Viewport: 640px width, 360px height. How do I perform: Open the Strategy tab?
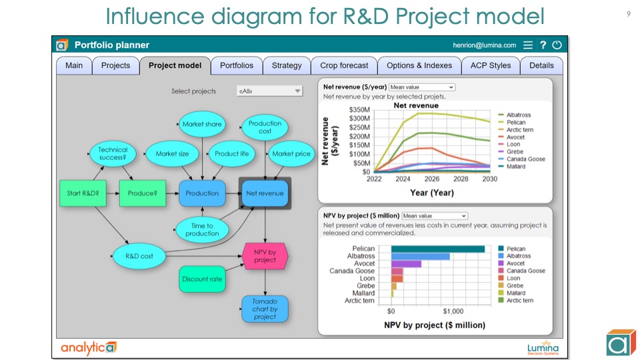[287, 65]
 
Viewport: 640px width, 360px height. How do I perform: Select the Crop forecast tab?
[343, 65]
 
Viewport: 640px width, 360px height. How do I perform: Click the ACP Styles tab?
[490, 65]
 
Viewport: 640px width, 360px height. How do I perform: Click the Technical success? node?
[113, 154]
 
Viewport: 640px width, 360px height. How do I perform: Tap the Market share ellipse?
[202, 124]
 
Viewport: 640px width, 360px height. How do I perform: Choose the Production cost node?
[265, 127]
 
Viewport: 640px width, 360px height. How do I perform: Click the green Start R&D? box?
[83, 193]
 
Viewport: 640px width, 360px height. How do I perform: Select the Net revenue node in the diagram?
[265, 193]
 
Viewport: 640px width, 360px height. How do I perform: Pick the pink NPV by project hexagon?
[265, 256]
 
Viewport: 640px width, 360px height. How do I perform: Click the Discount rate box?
[201, 279]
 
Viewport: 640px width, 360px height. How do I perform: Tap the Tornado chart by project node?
[265, 309]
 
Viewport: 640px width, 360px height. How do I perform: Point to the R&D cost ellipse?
[139, 256]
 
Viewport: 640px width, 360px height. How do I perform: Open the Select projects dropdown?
[269, 91]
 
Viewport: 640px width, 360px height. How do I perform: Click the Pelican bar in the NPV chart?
[437, 249]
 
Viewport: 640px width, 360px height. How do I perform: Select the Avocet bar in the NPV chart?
[406, 263]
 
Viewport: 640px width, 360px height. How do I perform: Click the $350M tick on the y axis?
[359, 110]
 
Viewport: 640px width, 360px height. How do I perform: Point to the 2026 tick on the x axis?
[432, 179]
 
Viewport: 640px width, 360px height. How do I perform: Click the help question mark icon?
[543, 45]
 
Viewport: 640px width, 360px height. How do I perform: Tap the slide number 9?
[629, 14]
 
